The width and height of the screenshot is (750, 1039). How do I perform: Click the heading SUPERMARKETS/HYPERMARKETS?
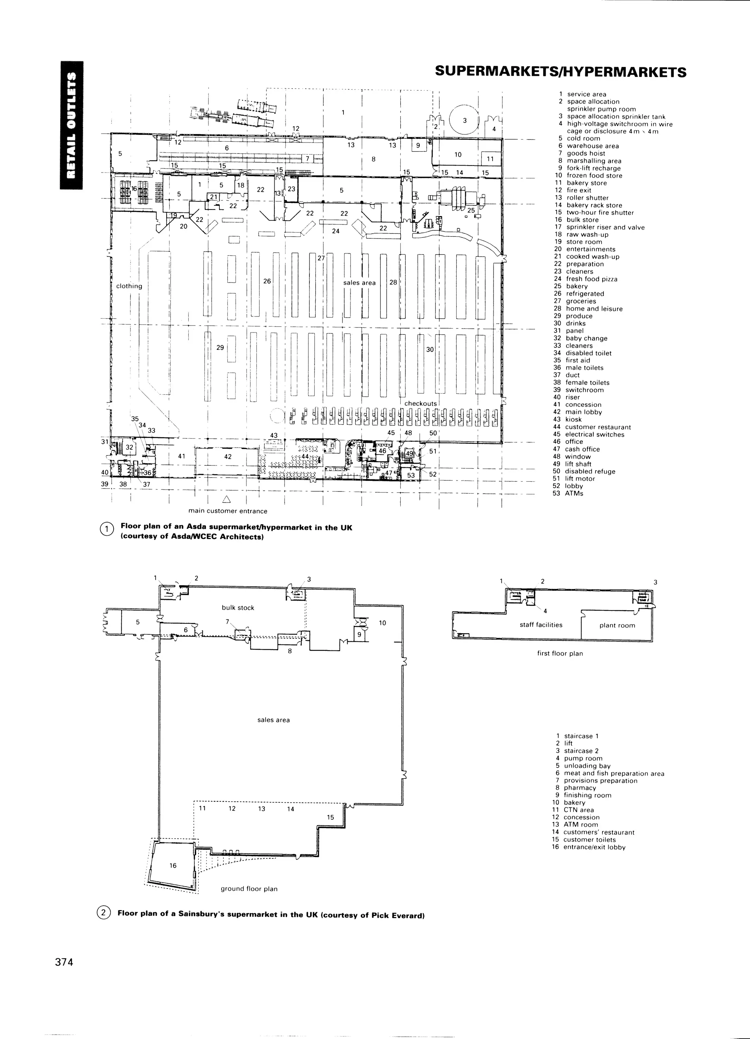(x=560, y=72)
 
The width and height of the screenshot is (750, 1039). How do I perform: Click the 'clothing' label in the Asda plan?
(x=129, y=286)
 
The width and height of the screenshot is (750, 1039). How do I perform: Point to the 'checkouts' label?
(x=420, y=404)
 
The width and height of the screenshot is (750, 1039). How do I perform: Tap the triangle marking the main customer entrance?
(x=226, y=499)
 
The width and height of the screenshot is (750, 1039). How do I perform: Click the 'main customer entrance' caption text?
(x=228, y=511)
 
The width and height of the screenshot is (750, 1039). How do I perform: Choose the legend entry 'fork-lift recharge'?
(x=593, y=168)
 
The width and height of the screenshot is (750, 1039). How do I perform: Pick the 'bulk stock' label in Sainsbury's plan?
(x=238, y=608)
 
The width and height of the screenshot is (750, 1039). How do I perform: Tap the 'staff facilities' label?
(x=541, y=625)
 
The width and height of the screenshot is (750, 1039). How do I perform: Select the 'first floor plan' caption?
(x=560, y=653)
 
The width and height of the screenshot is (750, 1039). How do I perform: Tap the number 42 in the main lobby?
(x=228, y=457)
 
